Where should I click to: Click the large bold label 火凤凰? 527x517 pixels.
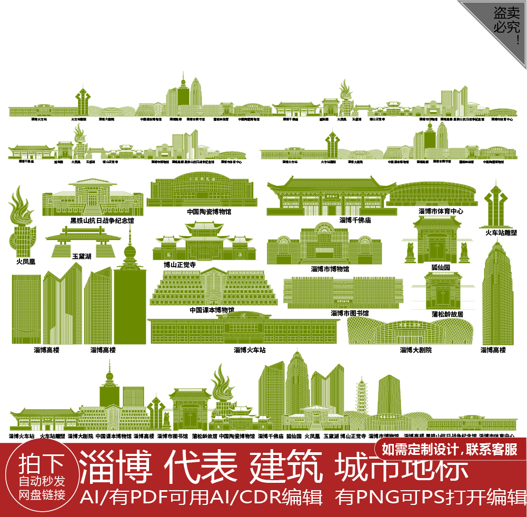click(22, 261)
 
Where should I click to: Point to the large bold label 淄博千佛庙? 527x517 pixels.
click(355, 220)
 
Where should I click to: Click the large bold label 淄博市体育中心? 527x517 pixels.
click(441, 211)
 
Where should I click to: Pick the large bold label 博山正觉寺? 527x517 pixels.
click(180, 265)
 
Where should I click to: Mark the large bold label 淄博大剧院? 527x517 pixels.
click(415, 350)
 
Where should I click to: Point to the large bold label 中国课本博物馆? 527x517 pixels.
click(212, 310)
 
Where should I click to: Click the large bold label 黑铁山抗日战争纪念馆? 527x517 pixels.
click(102, 221)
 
